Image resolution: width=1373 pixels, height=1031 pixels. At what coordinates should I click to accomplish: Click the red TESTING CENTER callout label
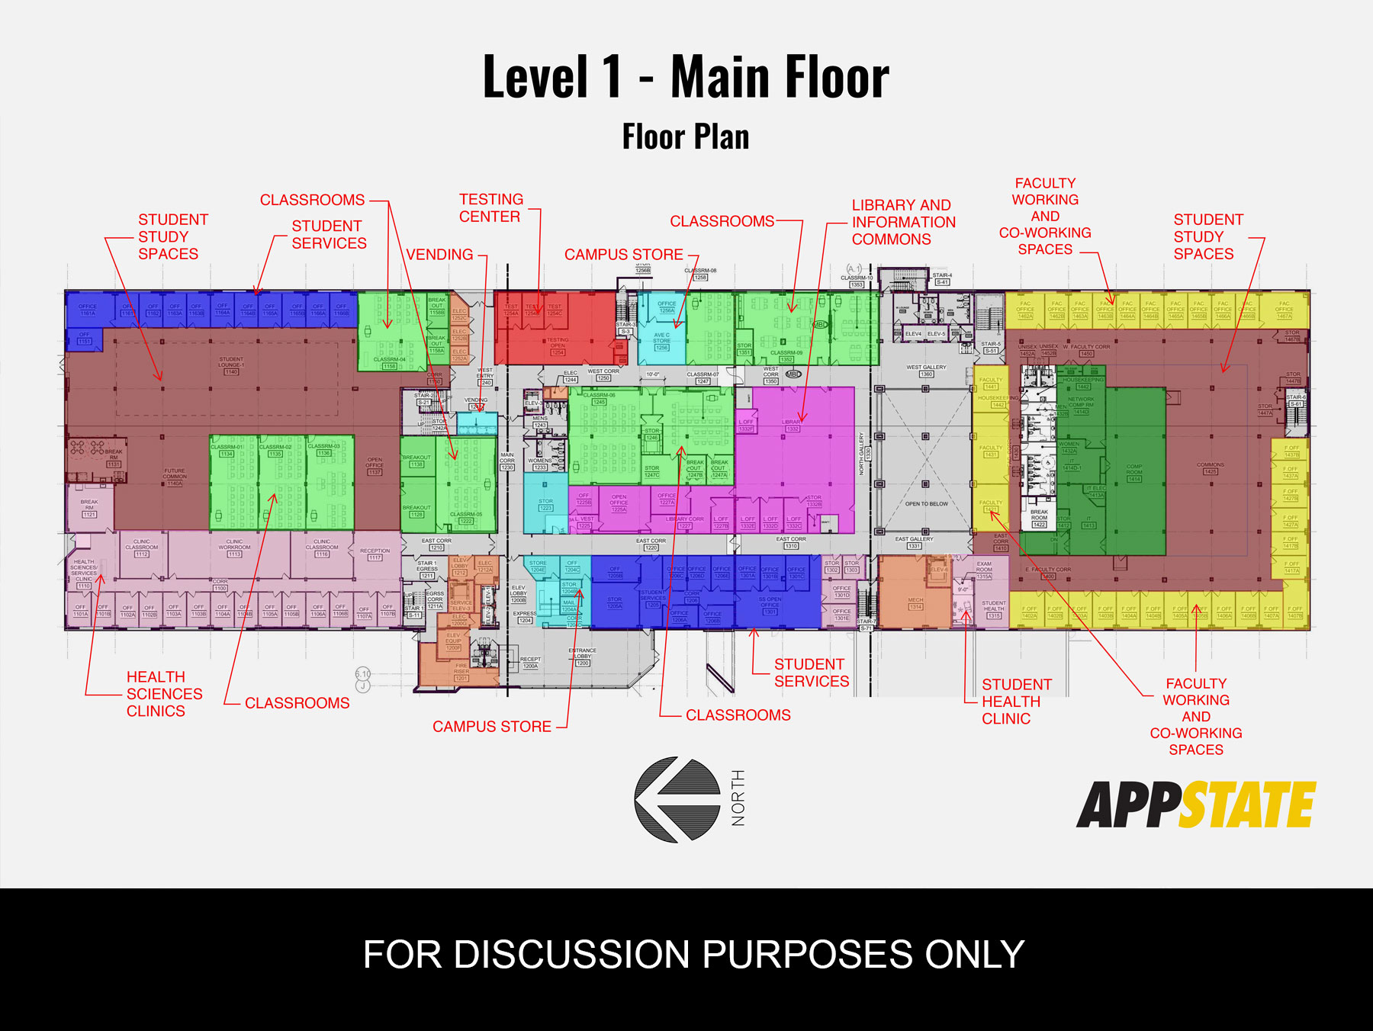pyautogui.click(x=490, y=208)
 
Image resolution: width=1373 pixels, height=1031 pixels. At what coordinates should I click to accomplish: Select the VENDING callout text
pyautogui.click(x=439, y=255)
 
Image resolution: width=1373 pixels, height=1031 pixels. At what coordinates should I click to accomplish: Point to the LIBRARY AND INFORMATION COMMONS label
pyautogui.click(x=903, y=222)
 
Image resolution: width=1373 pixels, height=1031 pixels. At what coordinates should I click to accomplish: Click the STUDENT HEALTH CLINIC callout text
pyautogui.click(x=1015, y=702)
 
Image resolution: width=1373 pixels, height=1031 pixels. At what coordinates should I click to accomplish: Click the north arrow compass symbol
pyautogui.click(x=677, y=799)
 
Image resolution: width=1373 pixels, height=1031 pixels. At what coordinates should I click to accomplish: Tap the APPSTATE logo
pyautogui.click(x=1195, y=805)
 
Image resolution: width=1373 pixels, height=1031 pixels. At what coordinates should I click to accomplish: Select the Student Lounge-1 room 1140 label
pyautogui.click(x=231, y=365)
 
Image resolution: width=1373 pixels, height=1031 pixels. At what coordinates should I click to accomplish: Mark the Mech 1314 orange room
pyautogui.click(x=915, y=603)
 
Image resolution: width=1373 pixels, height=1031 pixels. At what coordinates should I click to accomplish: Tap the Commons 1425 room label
pyautogui.click(x=1210, y=467)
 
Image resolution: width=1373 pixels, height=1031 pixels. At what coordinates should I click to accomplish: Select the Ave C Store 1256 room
pyautogui.click(x=661, y=341)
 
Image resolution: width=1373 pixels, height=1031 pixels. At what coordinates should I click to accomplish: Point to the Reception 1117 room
pyautogui.click(x=375, y=554)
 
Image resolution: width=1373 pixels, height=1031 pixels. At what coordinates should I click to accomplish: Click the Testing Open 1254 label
pyautogui.click(x=558, y=345)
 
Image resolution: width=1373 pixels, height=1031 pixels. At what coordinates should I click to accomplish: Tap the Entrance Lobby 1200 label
pyautogui.click(x=582, y=656)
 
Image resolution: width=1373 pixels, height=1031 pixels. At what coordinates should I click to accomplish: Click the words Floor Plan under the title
pyautogui.click(x=685, y=137)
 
